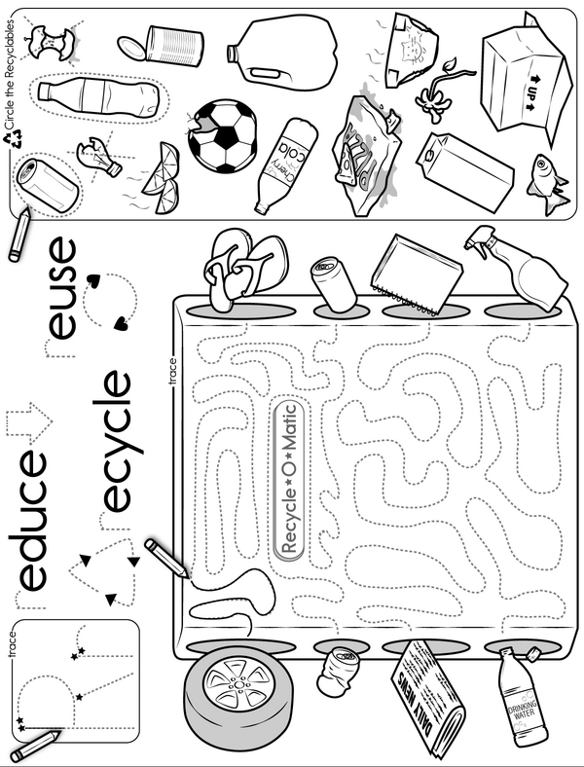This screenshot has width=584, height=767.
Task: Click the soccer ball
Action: [223, 136]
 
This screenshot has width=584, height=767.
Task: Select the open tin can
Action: [162, 45]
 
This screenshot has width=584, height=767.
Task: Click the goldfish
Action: [548, 183]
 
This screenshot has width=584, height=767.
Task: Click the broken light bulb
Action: [98, 156]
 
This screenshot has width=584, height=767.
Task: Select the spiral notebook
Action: [416, 274]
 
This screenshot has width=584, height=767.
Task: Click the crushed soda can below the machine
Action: [336, 670]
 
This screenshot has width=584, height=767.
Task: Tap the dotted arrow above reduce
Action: [29, 423]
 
